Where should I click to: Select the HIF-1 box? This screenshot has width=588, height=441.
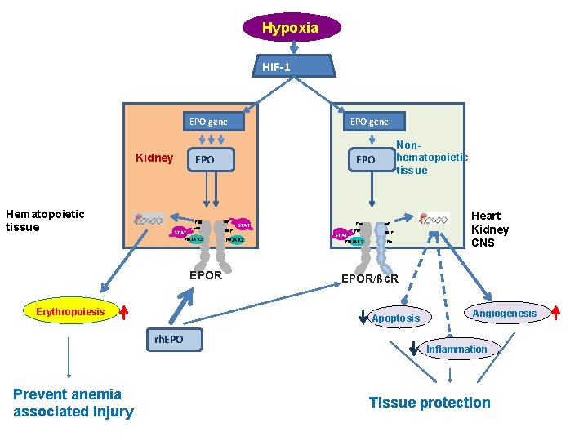point(293,66)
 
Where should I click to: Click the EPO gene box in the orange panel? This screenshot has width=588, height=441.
point(208,122)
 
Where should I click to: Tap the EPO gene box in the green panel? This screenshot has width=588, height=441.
point(369,122)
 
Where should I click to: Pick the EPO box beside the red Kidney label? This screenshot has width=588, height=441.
point(205,160)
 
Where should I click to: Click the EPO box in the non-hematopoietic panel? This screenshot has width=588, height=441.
point(366,160)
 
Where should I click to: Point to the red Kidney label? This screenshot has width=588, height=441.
point(154,158)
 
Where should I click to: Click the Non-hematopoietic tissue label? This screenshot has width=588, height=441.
point(431,158)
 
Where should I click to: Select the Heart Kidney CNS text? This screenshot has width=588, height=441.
point(490,229)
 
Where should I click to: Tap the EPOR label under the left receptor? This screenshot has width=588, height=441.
point(205,275)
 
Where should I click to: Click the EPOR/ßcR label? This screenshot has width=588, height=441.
point(369,279)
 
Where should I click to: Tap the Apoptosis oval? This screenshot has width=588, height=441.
point(395,318)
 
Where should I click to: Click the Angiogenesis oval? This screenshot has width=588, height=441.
point(505,313)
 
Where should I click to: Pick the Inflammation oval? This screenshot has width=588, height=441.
point(457,349)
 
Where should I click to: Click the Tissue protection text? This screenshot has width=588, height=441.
point(430,402)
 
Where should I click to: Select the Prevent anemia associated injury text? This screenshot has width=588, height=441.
point(73,403)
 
